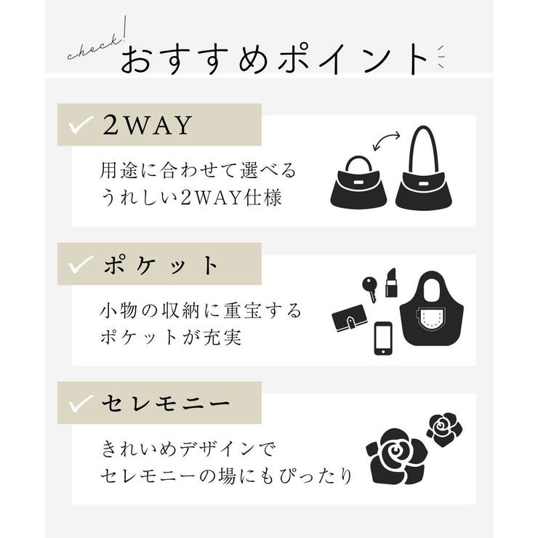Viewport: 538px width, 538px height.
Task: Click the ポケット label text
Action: (x=160, y=265)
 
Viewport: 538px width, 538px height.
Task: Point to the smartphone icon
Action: (x=384, y=338)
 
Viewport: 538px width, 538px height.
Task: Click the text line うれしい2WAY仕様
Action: (x=190, y=197)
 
